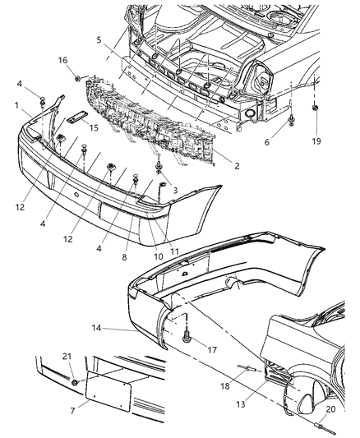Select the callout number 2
236,165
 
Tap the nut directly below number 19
316,108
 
